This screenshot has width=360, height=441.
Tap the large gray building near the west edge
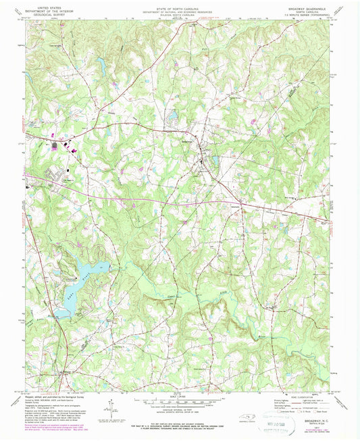(54, 145)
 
